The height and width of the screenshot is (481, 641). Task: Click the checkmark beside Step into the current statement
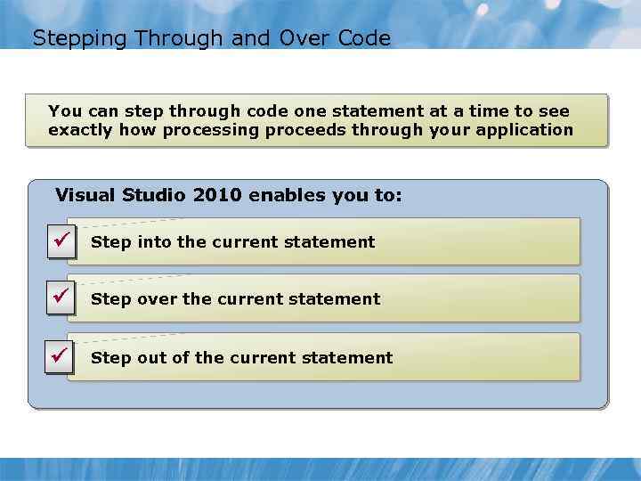[x=61, y=240]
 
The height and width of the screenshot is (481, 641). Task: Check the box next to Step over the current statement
[x=61, y=297]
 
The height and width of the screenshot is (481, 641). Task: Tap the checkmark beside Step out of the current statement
[x=61, y=355]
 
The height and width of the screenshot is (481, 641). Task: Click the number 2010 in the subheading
[x=216, y=194]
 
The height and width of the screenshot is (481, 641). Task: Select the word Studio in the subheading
[x=154, y=194]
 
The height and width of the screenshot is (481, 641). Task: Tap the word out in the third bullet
[x=151, y=358]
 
